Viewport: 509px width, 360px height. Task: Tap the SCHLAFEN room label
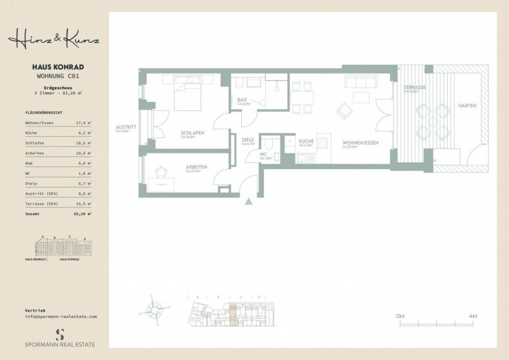pos(193,133)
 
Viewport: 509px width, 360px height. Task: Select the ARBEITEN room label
pos(196,166)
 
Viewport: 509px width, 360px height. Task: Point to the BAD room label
pos(241,100)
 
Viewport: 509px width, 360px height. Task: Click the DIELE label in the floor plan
pos(248,140)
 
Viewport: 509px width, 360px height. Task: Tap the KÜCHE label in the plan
pos(306,142)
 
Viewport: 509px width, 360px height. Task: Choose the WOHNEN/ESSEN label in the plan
pos(360,143)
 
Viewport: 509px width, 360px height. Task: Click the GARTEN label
pos(466,105)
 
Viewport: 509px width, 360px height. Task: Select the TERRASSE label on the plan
pos(414,87)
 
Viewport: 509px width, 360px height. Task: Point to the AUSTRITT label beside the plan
pos(126,127)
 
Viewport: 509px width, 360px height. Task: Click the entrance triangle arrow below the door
pos(249,201)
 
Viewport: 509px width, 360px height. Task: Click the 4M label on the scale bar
pos(472,316)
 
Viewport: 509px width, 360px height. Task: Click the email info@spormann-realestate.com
pos(61,317)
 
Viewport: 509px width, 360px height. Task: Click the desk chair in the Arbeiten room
pos(161,172)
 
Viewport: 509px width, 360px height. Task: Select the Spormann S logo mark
pos(60,333)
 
